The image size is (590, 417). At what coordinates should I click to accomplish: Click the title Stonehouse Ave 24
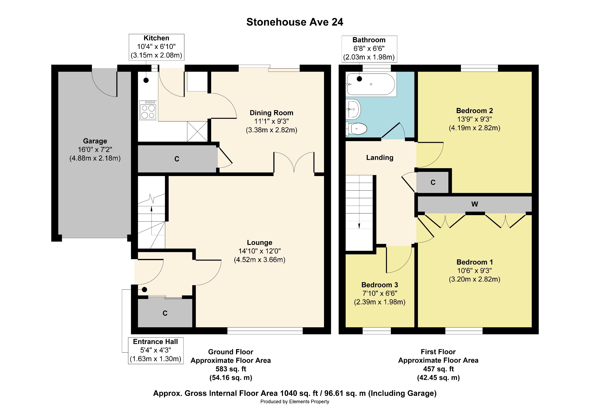(x=295, y=22)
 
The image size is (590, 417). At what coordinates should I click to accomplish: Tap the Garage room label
(x=95, y=141)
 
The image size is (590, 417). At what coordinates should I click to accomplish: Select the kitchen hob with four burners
(x=148, y=110)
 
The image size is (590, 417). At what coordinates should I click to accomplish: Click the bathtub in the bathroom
(x=371, y=84)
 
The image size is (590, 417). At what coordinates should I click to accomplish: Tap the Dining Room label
(x=271, y=113)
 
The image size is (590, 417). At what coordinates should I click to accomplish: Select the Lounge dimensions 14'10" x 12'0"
(x=260, y=251)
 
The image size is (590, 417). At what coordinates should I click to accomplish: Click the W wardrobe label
(x=475, y=204)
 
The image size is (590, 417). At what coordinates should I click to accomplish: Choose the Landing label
(x=380, y=158)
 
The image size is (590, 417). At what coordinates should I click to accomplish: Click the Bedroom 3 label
(x=380, y=285)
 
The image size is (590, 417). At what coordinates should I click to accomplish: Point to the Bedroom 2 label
(x=474, y=111)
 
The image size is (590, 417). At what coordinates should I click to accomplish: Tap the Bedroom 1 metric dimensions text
(x=474, y=279)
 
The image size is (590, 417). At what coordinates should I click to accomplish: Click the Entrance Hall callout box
(x=156, y=350)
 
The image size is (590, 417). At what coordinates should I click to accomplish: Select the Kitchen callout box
(x=157, y=47)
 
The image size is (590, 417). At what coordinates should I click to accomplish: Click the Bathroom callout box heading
(x=369, y=40)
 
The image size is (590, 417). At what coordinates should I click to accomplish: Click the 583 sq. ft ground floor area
(x=231, y=369)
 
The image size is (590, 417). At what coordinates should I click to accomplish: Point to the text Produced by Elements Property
(x=295, y=402)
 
